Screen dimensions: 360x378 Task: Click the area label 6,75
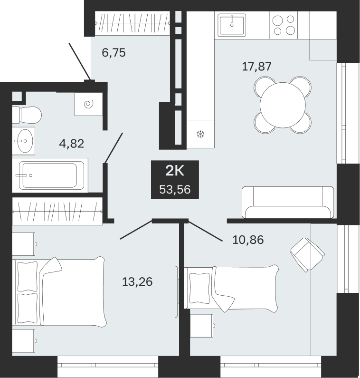pos(114,53)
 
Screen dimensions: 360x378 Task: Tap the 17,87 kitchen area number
pos(256,66)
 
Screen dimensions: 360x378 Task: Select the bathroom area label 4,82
pos(72,144)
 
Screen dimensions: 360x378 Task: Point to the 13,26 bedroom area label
pos(137,281)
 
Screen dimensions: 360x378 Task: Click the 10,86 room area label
pos(248,240)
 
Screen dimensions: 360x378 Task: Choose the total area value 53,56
pos(175,190)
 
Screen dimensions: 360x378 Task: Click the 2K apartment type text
pos(175,171)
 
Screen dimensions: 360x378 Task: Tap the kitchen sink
pos(232,25)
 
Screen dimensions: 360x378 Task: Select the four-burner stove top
pos(284,25)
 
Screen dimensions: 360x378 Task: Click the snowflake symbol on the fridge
pos(200,134)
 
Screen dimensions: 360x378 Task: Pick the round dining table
pos(283,105)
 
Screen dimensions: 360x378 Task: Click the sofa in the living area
pos(288,202)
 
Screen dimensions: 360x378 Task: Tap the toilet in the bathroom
pos(27,115)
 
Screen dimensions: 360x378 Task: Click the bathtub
pos(50,175)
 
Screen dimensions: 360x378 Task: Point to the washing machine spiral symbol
pos(88,105)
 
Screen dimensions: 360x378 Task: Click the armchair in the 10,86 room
pos(307,255)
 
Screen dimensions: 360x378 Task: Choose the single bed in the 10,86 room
pos(231,288)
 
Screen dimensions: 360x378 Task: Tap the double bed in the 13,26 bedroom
pos(59,291)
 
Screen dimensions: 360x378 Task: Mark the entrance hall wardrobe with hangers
pos(133,23)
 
